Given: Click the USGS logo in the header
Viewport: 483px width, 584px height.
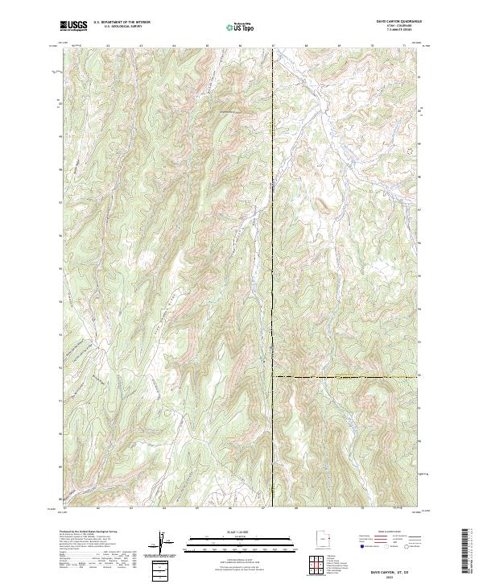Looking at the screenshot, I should pyautogui.click(x=72, y=25).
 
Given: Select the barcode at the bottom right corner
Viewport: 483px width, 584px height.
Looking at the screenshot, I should pyautogui.click(x=469, y=554).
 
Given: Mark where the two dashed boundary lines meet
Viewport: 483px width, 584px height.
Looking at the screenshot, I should pyautogui.click(x=273, y=376).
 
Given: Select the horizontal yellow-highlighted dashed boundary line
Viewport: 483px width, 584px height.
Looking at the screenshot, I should pyautogui.click(x=346, y=376).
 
